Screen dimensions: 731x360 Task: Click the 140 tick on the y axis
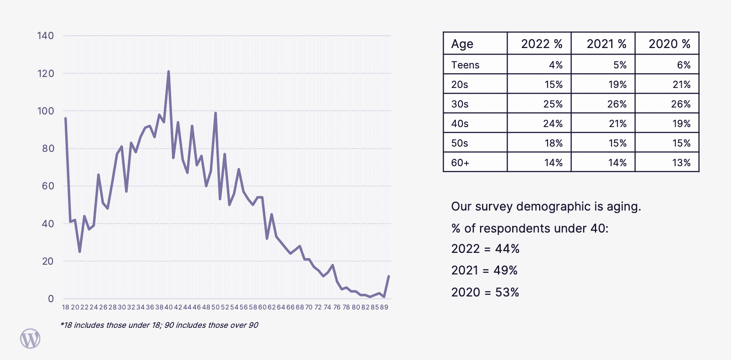click(x=45, y=36)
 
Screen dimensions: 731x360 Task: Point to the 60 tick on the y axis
click(x=48, y=186)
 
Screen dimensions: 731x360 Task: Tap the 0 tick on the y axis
click(x=51, y=299)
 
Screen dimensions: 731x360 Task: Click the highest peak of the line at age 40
click(x=168, y=72)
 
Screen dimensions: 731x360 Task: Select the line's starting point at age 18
click(x=66, y=119)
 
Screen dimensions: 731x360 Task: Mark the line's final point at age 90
click(x=389, y=277)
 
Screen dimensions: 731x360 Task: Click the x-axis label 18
click(x=66, y=307)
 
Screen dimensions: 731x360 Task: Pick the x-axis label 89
click(x=384, y=307)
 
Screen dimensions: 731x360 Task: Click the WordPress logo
click(x=30, y=338)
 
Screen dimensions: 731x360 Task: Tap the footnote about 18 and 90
click(x=159, y=325)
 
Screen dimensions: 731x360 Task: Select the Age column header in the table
click(x=462, y=44)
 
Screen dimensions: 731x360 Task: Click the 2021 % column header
click(x=606, y=44)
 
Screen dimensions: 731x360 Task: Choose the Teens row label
click(x=465, y=65)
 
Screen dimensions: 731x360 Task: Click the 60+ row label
click(x=460, y=163)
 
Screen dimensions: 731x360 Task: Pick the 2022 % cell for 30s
click(x=553, y=104)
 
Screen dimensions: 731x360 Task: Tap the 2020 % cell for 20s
click(x=681, y=85)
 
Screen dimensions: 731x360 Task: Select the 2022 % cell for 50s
click(x=553, y=143)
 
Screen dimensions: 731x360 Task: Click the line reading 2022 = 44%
click(x=485, y=249)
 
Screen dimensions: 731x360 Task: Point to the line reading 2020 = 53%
click(x=485, y=292)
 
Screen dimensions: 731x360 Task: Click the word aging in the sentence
click(x=623, y=207)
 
